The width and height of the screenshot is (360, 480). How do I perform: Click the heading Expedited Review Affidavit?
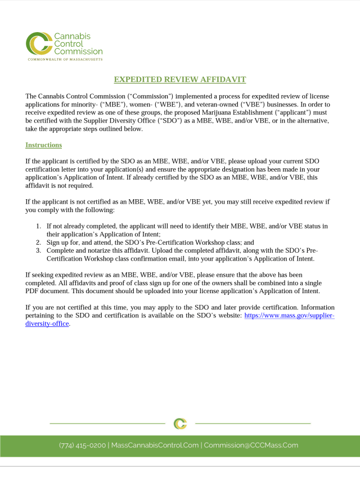[x=180, y=80]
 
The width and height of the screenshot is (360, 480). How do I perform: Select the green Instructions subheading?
[x=43, y=145]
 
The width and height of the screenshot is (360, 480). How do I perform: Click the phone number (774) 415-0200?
[x=82, y=445]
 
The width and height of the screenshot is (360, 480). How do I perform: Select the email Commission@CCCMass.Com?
[x=251, y=445]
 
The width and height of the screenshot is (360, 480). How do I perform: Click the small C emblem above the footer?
[x=180, y=423]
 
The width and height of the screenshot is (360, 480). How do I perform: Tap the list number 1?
[x=38, y=226]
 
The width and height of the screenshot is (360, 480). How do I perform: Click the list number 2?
[x=38, y=243]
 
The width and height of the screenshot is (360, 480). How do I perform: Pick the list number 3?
[x=38, y=250]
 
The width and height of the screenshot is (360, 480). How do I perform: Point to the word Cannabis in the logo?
[x=72, y=37]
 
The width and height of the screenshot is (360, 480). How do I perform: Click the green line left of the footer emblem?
[x=107, y=423]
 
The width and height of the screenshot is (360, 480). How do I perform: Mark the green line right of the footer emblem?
[x=253, y=423]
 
